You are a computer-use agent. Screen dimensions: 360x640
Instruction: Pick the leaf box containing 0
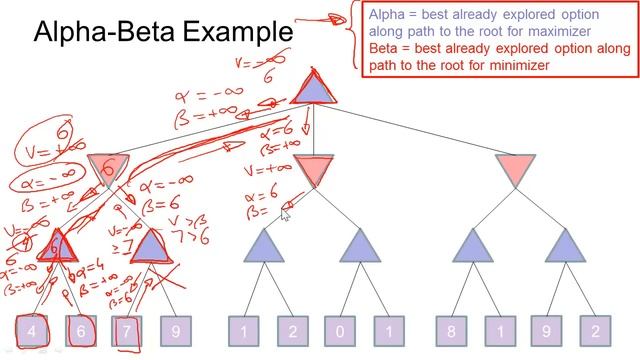click(x=340, y=331)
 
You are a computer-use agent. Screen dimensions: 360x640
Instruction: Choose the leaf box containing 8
click(x=454, y=331)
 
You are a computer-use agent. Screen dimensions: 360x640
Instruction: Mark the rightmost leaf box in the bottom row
click(x=596, y=331)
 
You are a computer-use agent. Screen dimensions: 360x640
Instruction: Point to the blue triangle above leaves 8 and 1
click(x=472, y=246)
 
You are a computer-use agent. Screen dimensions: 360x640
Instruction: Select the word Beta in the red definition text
click(x=385, y=49)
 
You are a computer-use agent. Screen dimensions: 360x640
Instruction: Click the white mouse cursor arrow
click(x=287, y=210)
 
